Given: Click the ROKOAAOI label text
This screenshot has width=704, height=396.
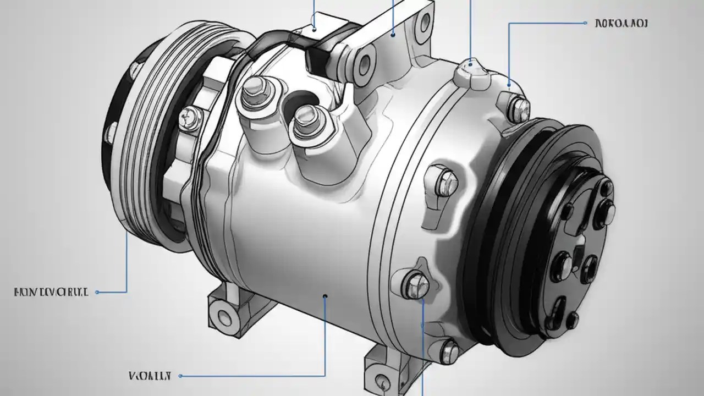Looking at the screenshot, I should click(621, 24).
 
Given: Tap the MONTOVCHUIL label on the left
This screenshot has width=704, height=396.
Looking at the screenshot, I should click(51, 292).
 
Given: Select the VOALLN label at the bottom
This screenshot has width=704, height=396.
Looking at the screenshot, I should click(150, 376).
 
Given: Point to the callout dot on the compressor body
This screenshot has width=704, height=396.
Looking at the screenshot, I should click(325, 296).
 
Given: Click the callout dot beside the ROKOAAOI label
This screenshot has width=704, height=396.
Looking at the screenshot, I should click(584, 24).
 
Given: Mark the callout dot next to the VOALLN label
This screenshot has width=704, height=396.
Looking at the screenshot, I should click(180, 376).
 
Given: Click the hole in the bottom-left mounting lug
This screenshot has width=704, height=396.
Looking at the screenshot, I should click(224, 316).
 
